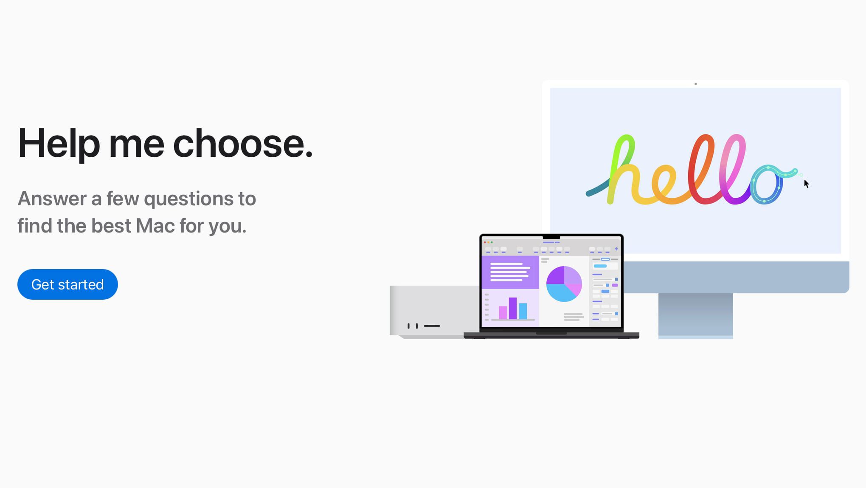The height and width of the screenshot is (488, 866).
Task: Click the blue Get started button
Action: coord(67,284)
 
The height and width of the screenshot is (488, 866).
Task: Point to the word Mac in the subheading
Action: coord(155,226)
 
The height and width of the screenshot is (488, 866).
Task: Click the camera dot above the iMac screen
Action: coord(695,84)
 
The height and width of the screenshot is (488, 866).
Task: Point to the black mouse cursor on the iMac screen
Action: coord(806,183)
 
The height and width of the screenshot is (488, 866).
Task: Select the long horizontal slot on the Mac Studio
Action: coord(432,326)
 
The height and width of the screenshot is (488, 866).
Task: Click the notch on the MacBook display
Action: coord(551,237)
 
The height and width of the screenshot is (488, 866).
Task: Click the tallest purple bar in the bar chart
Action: coord(512,308)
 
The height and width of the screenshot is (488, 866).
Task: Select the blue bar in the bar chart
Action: coord(523,311)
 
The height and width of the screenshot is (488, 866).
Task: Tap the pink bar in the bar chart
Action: coord(503,312)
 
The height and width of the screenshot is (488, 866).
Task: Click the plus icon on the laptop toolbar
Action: coord(616,249)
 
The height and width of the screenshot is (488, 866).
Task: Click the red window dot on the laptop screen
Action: coord(485,242)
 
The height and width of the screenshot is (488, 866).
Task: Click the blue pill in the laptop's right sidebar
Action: coord(600,266)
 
